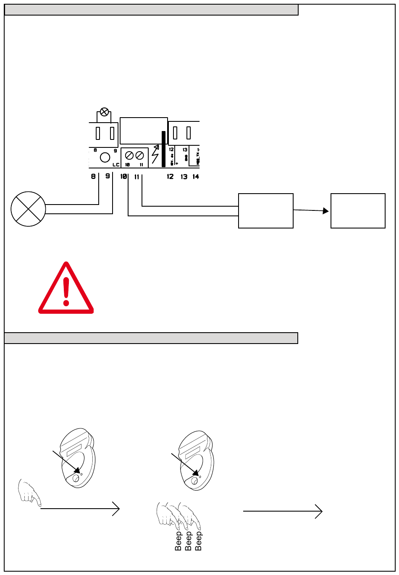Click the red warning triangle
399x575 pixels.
coord(66,290)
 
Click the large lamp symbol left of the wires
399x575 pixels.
coord(28,209)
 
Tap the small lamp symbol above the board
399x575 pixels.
coord(105,112)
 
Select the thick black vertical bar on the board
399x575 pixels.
coord(163,149)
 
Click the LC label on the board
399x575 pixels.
coord(116,165)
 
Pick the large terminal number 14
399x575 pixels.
coord(196,177)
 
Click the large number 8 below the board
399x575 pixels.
coord(94,177)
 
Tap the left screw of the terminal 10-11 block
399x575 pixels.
coord(129,155)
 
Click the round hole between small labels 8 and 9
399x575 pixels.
coord(105,158)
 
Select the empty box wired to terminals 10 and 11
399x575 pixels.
coord(265,211)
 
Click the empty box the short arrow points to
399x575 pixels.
coord(358,211)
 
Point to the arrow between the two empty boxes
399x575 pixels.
coord(311,210)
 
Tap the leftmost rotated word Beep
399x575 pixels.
coord(178,541)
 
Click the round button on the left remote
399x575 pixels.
coord(76,478)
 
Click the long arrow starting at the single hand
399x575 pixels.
coord(80,509)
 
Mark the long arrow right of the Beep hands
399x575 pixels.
coord(282,511)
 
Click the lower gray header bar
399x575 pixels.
coord(151,338)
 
